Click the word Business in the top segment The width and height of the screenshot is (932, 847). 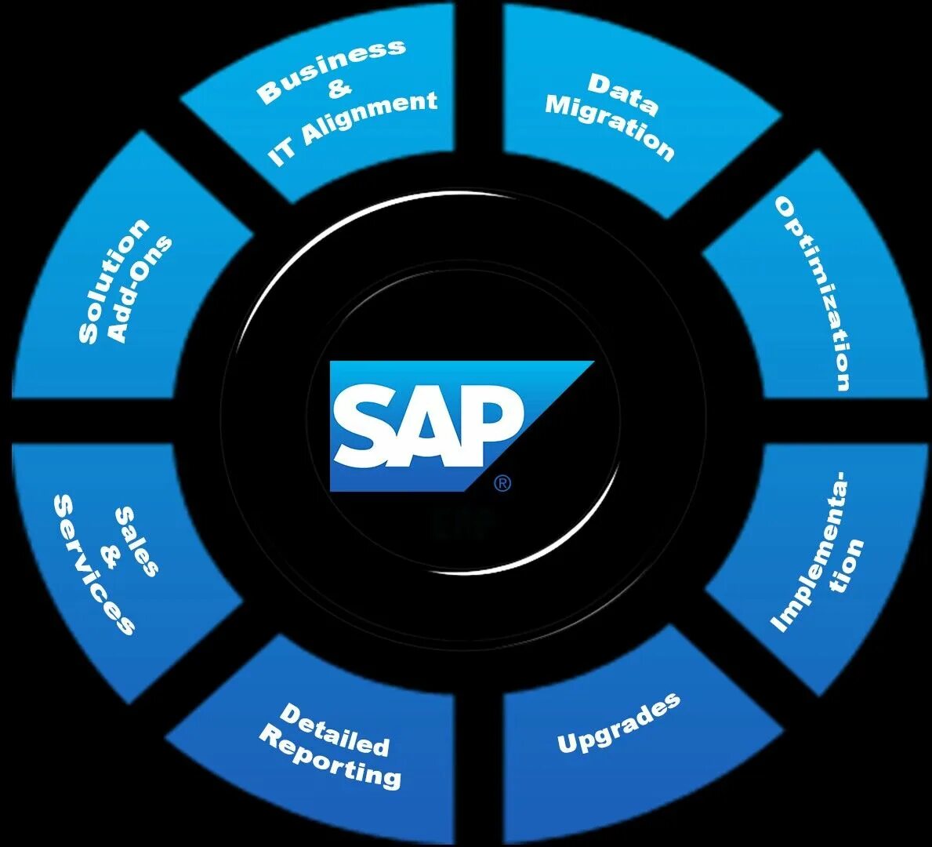tap(332, 71)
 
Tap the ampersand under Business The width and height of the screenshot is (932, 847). tap(339, 89)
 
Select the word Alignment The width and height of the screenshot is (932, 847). tap(369, 118)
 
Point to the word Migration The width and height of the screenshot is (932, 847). tap(609, 127)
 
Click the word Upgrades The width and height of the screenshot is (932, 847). tap(618, 724)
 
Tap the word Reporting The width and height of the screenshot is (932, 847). tap(330, 758)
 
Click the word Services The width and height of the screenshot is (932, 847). tap(92, 563)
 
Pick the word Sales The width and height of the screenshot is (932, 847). tap(136, 542)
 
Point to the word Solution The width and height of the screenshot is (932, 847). tap(113, 281)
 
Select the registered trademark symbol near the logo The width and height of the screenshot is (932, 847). tap(502, 484)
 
